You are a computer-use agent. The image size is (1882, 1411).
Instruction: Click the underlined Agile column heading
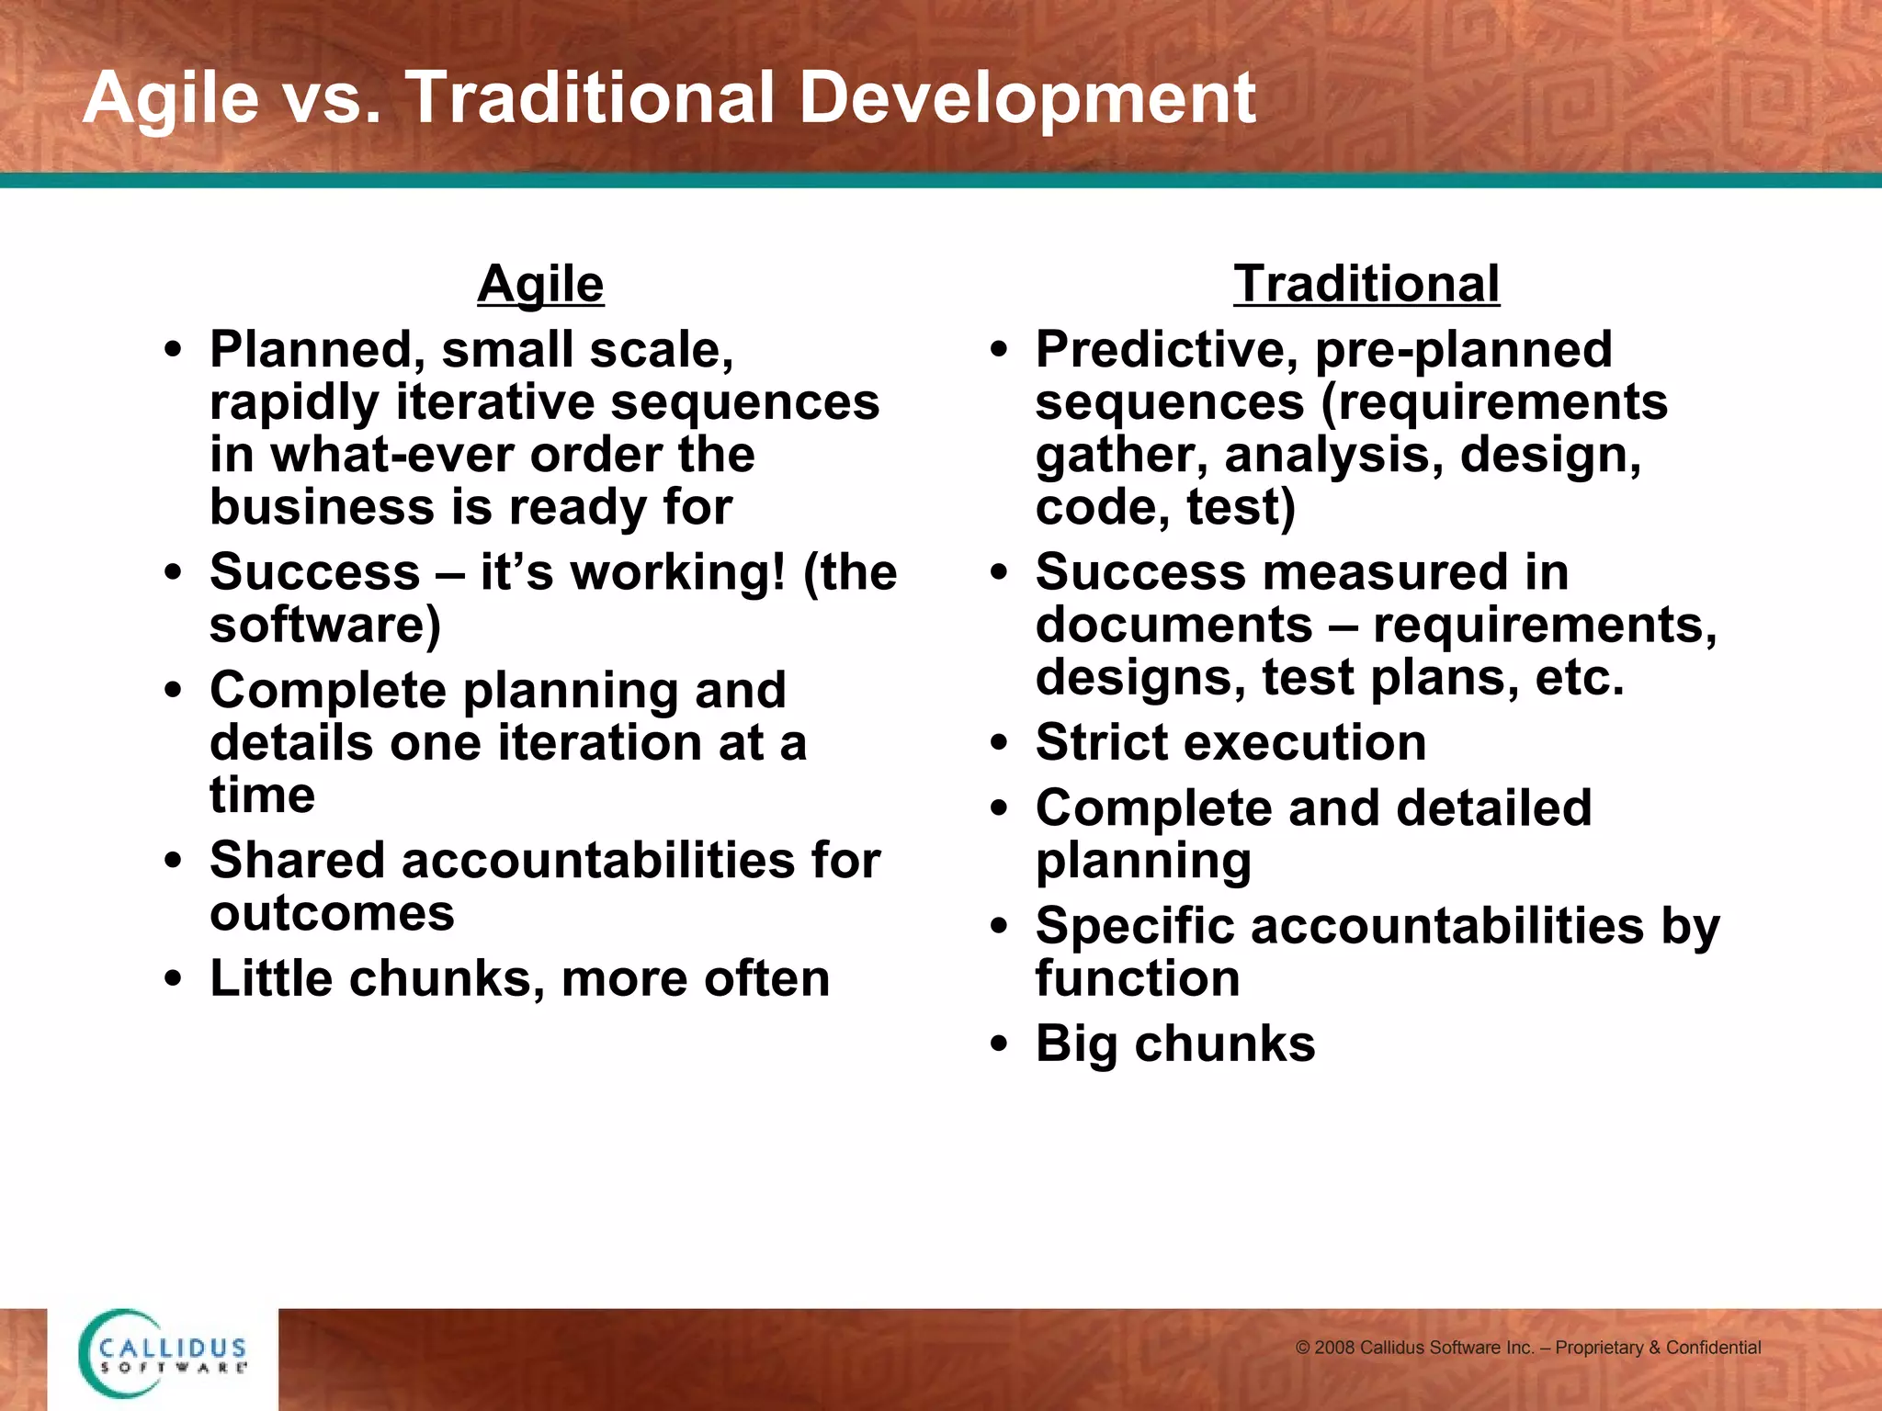(x=540, y=284)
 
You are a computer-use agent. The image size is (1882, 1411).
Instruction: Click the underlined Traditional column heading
(x=1366, y=284)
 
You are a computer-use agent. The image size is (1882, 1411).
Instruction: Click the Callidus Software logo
(x=163, y=1354)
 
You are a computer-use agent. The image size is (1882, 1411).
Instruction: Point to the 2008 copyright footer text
(x=1527, y=1348)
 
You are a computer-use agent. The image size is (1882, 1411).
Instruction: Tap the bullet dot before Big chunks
(x=999, y=1044)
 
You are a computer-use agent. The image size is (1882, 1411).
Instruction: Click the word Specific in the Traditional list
(x=1135, y=926)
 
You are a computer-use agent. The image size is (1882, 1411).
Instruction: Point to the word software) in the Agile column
(x=325, y=626)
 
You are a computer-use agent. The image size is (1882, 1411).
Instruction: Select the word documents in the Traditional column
(x=1173, y=626)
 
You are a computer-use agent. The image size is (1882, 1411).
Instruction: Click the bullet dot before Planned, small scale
(x=173, y=350)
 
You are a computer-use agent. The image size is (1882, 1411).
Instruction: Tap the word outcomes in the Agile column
(x=332, y=914)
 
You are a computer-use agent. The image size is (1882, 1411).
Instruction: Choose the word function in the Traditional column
(x=1138, y=978)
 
